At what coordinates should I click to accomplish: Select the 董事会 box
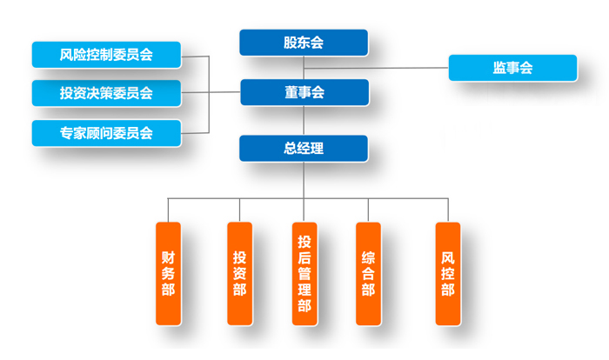pos(304,92)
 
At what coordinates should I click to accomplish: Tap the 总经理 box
pos(304,148)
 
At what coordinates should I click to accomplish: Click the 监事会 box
pos(512,68)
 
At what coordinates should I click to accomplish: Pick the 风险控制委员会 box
pos(106,55)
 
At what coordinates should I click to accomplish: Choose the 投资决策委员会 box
pos(106,93)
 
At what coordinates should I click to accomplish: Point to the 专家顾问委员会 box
pos(106,133)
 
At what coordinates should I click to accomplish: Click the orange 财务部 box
pos(168,273)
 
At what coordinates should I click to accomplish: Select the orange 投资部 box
pos(239,273)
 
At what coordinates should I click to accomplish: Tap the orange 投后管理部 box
pos(304,273)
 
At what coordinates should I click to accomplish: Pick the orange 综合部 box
pos(368,273)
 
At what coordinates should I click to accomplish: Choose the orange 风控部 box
pos(448,273)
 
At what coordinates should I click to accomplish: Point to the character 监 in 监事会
pos(499,68)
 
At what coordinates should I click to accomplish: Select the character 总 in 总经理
pos(290,148)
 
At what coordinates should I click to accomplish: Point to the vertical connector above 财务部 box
pos(168,210)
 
